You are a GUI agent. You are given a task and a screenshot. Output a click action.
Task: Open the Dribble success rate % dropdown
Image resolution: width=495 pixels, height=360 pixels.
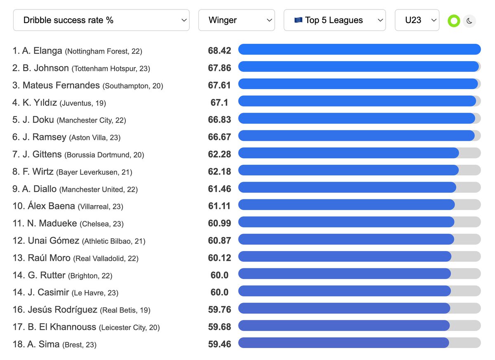(x=101, y=20)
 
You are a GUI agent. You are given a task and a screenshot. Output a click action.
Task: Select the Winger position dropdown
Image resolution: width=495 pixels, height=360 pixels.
(x=236, y=20)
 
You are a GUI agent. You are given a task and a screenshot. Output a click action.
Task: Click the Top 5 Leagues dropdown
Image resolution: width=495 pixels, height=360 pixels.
(x=335, y=20)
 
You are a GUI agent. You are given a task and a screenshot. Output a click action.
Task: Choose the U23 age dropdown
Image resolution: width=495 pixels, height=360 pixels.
(x=417, y=20)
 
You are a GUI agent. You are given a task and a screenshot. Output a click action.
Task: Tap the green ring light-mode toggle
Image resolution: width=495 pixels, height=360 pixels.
(x=454, y=21)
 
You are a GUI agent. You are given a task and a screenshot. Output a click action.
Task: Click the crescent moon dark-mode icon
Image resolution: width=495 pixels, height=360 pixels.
(x=469, y=21)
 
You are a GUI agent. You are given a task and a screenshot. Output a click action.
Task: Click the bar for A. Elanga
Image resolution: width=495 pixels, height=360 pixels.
(x=359, y=50)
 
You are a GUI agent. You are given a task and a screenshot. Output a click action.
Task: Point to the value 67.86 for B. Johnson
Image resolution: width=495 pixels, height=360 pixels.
(x=219, y=68)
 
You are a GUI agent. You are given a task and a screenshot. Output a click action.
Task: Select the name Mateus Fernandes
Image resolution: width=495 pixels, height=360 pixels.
(x=61, y=85)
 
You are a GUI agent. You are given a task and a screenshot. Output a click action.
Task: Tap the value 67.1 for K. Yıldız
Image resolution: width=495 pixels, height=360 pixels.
(x=219, y=102)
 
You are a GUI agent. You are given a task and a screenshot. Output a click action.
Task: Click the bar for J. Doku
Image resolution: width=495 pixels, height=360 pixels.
(x=356, y=119)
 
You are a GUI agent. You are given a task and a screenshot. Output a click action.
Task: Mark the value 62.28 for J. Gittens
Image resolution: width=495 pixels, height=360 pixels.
(x=219, y=154)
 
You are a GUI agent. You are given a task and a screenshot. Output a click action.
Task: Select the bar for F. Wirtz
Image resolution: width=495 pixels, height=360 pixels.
(x=348, y=171)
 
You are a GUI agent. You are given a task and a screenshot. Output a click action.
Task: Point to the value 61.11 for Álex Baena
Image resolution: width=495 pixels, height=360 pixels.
(x=219, y=206)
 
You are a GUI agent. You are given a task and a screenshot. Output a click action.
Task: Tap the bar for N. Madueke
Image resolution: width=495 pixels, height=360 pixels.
(x=346, y=223)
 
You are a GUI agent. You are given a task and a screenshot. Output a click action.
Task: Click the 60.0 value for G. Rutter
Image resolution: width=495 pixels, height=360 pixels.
(x=219, y=275)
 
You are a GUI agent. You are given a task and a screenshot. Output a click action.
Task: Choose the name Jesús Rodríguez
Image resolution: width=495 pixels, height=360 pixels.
(x=62, y=309)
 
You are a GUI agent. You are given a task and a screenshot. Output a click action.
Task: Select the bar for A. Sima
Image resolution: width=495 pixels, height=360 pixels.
(x=343, y=343)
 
